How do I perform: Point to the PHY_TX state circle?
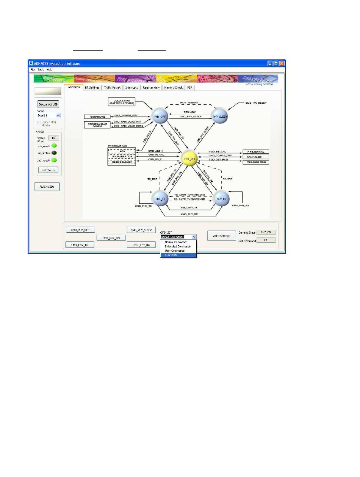[x=159, y=199]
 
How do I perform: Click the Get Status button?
[x=48, y=170]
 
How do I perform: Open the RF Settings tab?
[x=92, y=87]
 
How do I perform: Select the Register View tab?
[x=151, y=87]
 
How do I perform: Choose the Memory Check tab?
[x=173, y=87]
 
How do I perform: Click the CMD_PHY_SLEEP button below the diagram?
[x=141, y=230]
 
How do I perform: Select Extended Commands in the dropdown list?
[x=178, y=246]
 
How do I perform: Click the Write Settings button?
[x=221, y=236]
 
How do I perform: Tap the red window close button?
[x=282, y=64]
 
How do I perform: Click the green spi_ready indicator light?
[x=54, y=146]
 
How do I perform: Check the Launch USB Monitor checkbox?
[x=39, y=122]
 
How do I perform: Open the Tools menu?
[x=41, y=70]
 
